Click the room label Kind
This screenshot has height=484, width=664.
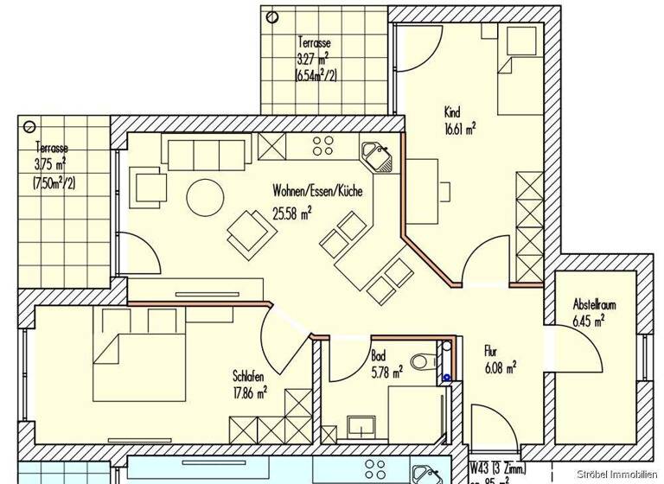tap(451, 112)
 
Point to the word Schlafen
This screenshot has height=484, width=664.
tap(249, 376)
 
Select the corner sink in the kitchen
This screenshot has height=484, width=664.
tap(377, 156)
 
